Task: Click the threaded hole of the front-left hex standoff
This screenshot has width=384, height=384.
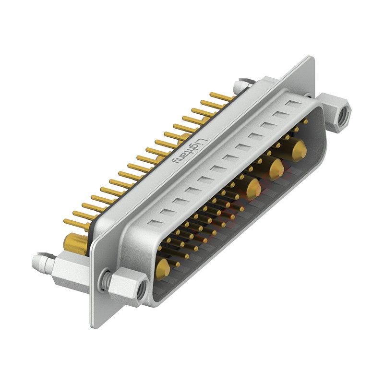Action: [x=141, y=289]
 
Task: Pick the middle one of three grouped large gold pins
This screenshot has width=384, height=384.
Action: [x=276, y=168]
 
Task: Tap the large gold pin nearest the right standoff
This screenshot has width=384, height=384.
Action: [x=299, y=150]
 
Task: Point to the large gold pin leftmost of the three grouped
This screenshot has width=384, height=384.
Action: [x=252, y=188]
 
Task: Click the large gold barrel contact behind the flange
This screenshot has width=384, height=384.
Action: [x=75, y=243]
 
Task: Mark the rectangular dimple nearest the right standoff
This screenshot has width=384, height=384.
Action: [x=294, y=103]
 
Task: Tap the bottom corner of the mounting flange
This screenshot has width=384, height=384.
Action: [x=95, y=326]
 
